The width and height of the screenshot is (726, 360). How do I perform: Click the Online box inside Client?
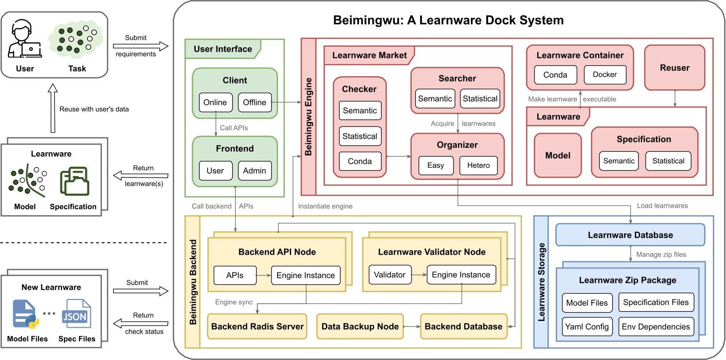coord(215,102)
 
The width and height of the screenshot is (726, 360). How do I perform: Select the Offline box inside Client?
coord(255,102)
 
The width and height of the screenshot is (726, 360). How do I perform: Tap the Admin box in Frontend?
coord(255,171)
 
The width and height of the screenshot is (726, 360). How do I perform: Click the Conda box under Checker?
coord(360,161)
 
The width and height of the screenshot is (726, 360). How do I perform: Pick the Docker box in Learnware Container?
coord(605,75)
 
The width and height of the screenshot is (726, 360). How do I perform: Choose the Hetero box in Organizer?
coord(478,165)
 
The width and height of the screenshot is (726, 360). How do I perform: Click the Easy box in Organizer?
coord(436,165)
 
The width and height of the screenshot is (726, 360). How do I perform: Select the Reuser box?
coord(675,68)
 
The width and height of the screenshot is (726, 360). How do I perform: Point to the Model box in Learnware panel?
coord(558,156)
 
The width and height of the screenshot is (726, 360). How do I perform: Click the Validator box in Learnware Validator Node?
coord(390,275)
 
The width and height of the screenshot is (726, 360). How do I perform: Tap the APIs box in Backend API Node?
coord(235,275)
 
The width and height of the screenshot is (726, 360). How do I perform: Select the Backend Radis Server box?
coord(258,326)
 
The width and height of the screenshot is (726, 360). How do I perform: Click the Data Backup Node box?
coord(360,326)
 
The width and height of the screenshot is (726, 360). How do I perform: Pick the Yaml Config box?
coord(587,327)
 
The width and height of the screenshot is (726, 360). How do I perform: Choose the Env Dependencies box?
coord(656,327)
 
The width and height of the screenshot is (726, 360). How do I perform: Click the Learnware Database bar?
coord(630,235)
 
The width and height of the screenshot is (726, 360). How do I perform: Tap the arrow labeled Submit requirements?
coord(141,46)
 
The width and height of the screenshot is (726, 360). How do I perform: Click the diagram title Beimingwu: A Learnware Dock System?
coord(448,20)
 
